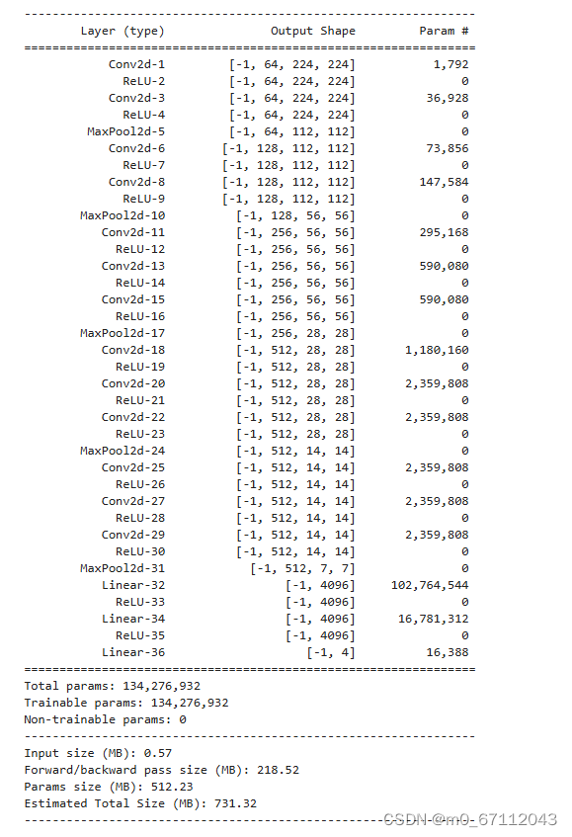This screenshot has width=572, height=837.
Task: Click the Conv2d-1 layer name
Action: pyautogui.click(x=136, y=64)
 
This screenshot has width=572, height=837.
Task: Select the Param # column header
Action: pyautogui.click(x=444, y=31)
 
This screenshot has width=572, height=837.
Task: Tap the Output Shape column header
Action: pyautogui.click(x=312, y=31)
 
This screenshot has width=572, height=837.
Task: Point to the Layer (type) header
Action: pyautogui.click(x=123, y=31)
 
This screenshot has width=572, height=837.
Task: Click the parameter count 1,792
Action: pyautogui.click(x=450, y=64)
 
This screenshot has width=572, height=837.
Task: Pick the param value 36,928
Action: pyautogui.click(x=448, y=98)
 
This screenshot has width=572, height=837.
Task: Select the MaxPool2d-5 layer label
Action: pyautogui.click(x=125, y=131)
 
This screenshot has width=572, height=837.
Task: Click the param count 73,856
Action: pyautogui.click(x=448, y=148)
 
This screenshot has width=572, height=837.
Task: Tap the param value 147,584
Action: pyautogui.click(x=444, y=182)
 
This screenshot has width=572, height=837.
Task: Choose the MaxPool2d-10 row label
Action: pyautogui.click(x=123, y=215)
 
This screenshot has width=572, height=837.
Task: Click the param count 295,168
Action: pyautogui.click(x=444, y=232)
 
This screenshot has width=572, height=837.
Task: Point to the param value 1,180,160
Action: pyautogui.click(x=437, y=350)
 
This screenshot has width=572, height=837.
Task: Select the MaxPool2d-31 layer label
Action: pyautogui.click(x=123, y=568)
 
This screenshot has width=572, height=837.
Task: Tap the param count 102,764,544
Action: pyautogui.click(x=430, y=585)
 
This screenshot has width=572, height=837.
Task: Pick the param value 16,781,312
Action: pyautogui.click(x=433, y=619)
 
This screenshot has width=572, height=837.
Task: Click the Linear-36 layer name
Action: pyautogui.click(x=132, y=652)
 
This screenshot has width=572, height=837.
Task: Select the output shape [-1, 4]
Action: pyautogui.click(x=330, y=652)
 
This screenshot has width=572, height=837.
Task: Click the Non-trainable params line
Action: pyautogui.click(x=105, y=719)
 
